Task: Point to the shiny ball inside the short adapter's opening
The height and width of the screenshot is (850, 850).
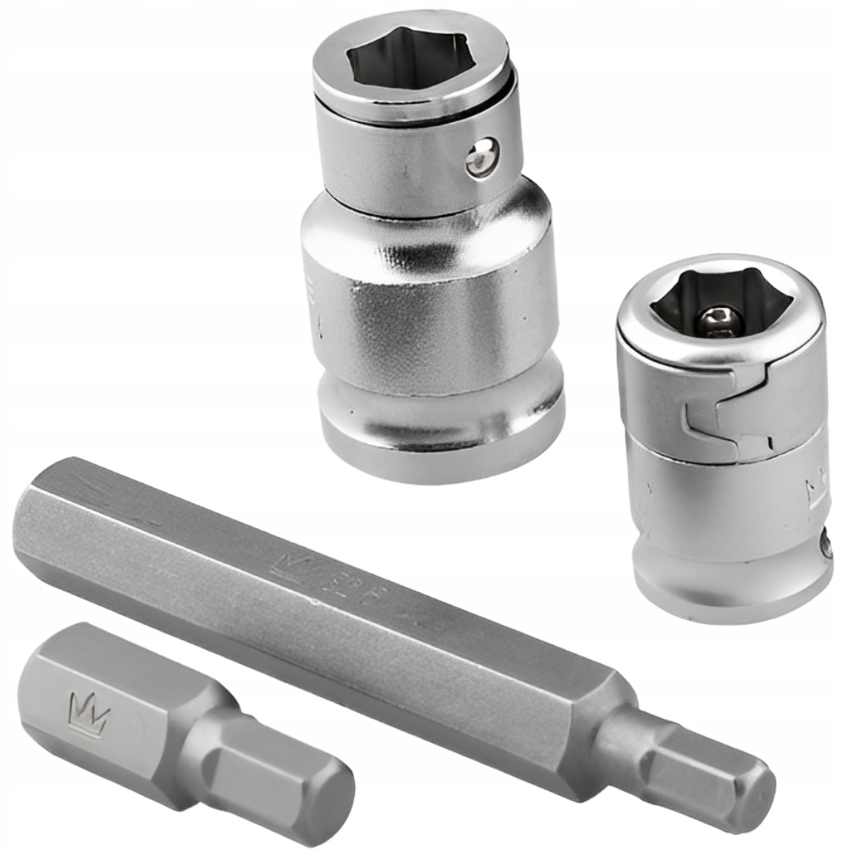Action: coord(717,318)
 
